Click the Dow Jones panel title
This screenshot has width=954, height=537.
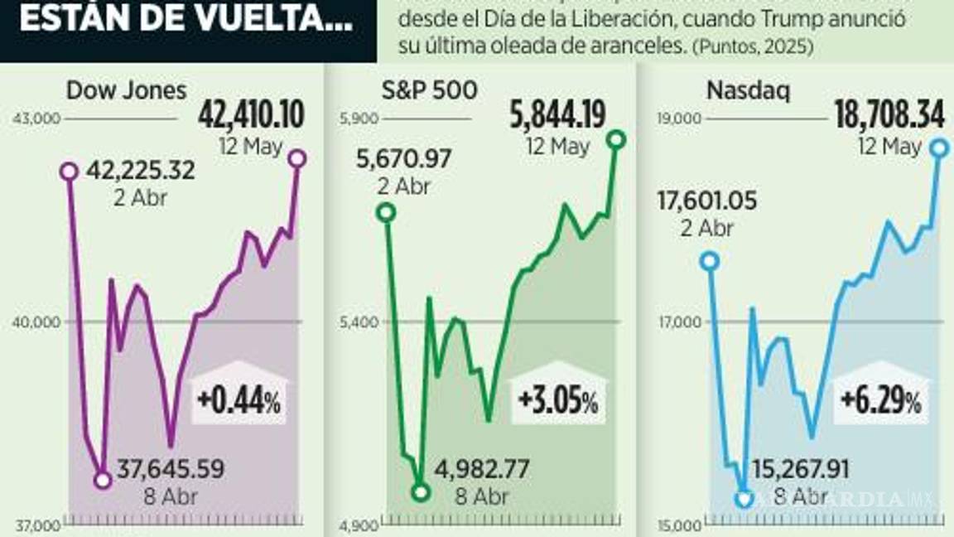click(x=127, y=90)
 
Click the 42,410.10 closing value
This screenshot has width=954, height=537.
click(x=251, y=116)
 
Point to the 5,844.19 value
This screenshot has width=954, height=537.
click(x=558, y=116)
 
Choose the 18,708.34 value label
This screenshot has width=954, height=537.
click(x=889, y=116)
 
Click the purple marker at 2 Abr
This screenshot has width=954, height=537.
click(x=70, y=172)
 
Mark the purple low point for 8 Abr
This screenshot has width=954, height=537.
click(x=103, y=480)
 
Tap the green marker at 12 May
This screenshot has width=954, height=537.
click(x=615, y=139)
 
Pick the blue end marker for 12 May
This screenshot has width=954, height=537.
click(x=938, y=148)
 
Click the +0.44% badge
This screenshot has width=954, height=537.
click(x=239, y=403)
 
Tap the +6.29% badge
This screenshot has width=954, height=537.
click(x=880, y=403)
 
